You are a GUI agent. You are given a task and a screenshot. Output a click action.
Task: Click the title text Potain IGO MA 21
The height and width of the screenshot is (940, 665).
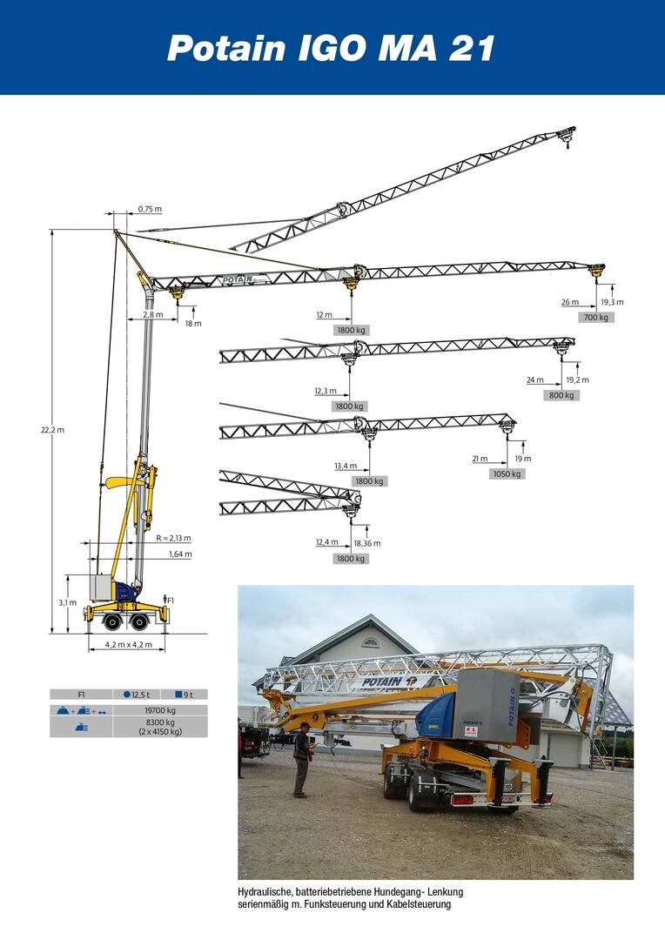(331, 49)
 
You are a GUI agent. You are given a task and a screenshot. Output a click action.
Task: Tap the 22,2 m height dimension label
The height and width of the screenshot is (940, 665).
(53, 430)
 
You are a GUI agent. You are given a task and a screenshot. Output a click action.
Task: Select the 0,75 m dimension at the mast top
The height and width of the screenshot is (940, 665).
(150, 209)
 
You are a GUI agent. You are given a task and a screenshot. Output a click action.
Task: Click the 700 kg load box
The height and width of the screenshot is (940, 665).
(596, 317)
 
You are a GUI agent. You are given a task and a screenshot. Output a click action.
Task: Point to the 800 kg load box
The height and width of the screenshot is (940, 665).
(561, 395)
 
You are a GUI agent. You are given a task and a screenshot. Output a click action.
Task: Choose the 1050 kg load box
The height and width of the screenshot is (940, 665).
(507, 473)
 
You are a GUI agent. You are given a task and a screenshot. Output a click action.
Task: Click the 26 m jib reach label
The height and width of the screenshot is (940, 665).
(570, 302)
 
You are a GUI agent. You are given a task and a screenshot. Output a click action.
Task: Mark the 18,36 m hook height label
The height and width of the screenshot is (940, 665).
(367, 543)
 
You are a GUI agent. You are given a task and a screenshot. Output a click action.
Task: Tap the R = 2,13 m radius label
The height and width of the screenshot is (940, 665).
(173, 539)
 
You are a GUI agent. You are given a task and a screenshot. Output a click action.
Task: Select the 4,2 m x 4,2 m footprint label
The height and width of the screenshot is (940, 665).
(129, 645)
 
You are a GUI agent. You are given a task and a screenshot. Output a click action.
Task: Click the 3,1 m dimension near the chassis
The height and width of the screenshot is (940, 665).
(68, 602)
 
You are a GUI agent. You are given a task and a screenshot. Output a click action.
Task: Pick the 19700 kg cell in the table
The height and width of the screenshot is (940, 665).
(160, 710)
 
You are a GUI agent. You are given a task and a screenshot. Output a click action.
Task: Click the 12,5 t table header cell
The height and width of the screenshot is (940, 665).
(137, 695)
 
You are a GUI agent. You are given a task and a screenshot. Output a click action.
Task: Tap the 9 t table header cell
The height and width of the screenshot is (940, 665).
(184, 695)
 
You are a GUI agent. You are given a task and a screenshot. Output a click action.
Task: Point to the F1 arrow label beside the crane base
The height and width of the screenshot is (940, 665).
(169, 600)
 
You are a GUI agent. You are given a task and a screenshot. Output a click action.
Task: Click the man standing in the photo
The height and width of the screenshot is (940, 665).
(302, 760)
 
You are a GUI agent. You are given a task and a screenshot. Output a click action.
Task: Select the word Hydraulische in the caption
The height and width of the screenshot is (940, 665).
(264, 892)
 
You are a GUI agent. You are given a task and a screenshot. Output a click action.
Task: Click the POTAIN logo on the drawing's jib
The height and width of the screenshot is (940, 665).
(237, 279)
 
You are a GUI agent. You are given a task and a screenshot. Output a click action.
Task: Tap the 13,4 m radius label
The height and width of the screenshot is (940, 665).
(346, 466)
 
